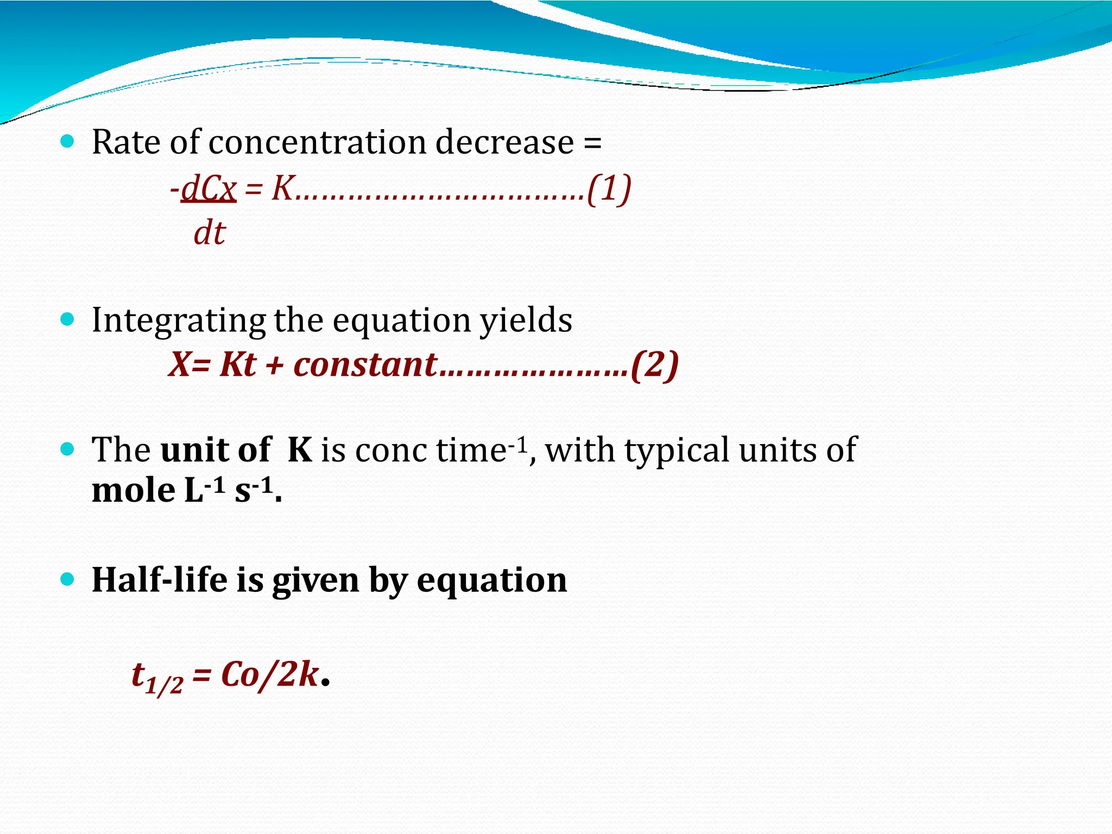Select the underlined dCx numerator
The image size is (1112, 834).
click(x=208, y=189)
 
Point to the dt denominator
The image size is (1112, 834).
click(x=210, y=233)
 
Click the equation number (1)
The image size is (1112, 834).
click(x=609, y=189)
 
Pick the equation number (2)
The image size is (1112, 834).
click(x=654, y=365)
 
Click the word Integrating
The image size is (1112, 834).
click(x=178, y=320)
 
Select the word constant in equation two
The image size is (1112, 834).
click(x=365, y=365)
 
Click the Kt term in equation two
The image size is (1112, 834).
click(x=238, y=365)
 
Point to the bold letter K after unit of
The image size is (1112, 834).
click(x=300, y=450)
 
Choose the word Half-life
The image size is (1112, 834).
click(x=160, y=580)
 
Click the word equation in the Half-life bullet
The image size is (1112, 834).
click(x=492, y=580)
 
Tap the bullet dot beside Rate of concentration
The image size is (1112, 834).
click(x=67, y=142)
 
